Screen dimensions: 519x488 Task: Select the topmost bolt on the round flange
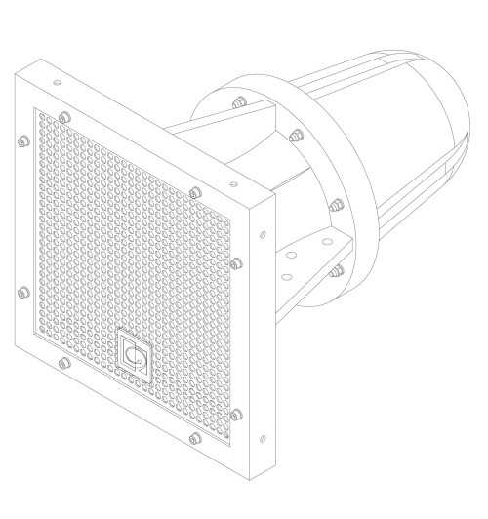[237, 101]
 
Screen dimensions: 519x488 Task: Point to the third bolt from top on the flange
[336, 206]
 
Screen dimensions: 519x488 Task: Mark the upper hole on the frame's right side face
[262, 234]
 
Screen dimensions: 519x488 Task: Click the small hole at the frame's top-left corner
[57, 83]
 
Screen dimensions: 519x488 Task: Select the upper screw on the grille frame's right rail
[235, 262]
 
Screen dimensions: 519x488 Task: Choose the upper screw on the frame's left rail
[22, 140]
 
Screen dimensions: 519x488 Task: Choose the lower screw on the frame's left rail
[22, 290]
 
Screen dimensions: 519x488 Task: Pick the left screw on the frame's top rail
[64, 116]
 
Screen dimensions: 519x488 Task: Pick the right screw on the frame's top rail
[195, 189]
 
